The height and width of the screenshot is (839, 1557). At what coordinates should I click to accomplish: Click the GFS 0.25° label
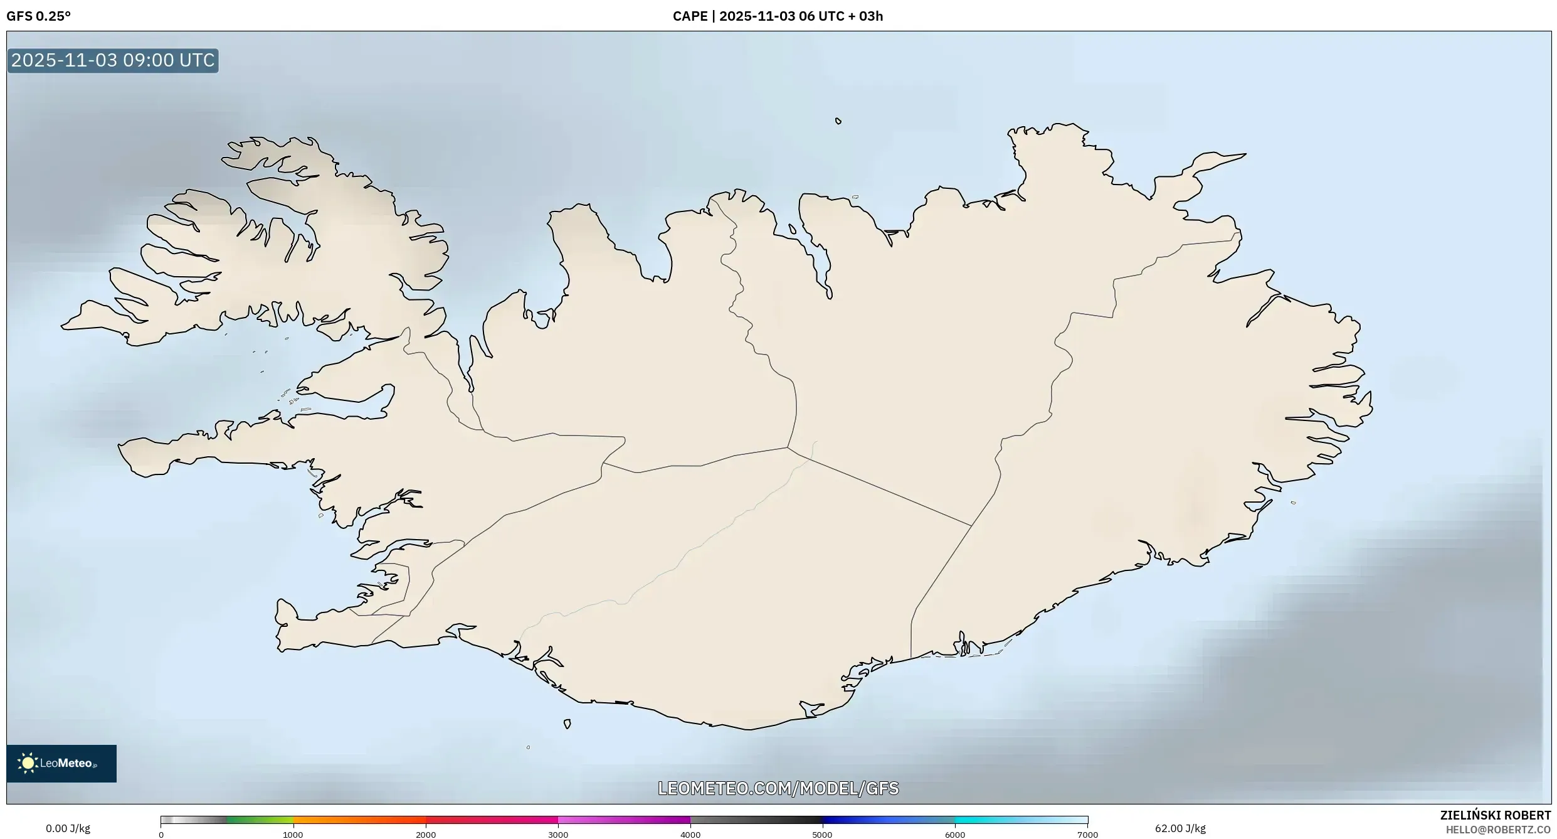pyautogui.click(x=39, y=16)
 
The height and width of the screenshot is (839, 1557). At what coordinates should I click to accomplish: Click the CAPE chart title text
pyautogui.click(x=778, y=16)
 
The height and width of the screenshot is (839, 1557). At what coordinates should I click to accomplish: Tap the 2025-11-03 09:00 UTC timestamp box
pyautogui.click(x=113, y=60)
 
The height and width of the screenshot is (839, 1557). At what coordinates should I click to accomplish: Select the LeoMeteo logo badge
pyautogui.click(x=61, y=763)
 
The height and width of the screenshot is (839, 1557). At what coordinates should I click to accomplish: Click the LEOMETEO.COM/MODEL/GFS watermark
pyautogui.click(x=778, y=788)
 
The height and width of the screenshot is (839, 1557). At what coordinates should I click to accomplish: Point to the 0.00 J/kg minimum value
pyautogui.click(x=68, y=828)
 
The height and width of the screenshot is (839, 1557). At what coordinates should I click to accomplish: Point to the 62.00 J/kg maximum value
pyautogui.click(x=1180, y=828)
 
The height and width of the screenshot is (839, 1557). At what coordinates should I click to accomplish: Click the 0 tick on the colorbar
pyautogui.click(x=161, y=835)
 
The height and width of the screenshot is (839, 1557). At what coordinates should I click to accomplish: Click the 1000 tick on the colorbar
pyautogui.click(x=293, y=835)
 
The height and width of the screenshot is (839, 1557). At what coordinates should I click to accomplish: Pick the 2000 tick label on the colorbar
pyautogui.click(x=426, y=835)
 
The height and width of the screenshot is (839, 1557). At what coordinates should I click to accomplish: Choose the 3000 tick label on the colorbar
pyautogui.click(x=558, y=835)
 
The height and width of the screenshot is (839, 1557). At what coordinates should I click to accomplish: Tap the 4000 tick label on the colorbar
pyautogui.click(x=690, y=835)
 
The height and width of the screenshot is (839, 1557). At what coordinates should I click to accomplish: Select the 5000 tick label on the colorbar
pyautogui.click(x=822, y=835)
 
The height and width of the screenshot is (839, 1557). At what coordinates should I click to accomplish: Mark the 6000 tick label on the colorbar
pyautogui.click(x=955, y=835)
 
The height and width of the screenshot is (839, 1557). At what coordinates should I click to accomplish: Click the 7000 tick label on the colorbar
pyautogui.click(x=1087, y=835)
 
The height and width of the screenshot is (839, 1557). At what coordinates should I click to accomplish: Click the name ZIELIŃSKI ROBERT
pyautogui.click(x=1495, y=815)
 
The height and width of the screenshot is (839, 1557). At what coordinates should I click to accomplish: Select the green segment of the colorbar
pyautogui.click(x=260, y=820)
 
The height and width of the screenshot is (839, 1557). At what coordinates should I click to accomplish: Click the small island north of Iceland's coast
pyautogui.click(x=838, y=121)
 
